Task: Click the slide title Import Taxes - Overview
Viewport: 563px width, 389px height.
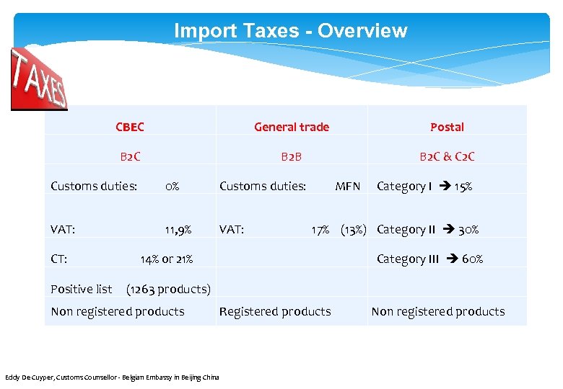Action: tap(290, 31)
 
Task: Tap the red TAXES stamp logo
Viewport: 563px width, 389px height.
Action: tap(38, 79)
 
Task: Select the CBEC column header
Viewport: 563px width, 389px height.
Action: tap(130, 127)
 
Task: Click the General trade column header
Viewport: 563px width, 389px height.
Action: tap(291, 127)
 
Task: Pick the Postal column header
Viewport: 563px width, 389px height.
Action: tap(447, 127)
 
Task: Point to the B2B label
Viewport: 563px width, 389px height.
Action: tap(291, 156)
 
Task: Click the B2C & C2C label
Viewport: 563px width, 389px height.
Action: tap(447, 156)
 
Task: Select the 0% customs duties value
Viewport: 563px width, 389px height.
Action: tap(172, 187)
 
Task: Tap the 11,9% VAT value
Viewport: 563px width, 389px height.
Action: tap(178, 230)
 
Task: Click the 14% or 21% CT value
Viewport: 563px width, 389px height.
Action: tap(166, 259)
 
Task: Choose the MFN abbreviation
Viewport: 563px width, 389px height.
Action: tap(347, 187)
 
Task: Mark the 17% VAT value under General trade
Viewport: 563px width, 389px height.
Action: tap(320, 230)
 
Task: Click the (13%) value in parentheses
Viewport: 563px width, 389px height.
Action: tap(354, 230)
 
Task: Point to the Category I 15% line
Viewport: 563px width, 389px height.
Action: tap(424, 187)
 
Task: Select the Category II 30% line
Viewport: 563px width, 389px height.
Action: tap(427, 230)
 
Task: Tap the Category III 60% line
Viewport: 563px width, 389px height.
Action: tap(429, 259)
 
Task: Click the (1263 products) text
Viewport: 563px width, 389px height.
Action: tap(168, 290)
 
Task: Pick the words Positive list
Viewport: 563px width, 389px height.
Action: tap(81, 290)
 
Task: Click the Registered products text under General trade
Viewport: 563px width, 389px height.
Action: tap(275, 311)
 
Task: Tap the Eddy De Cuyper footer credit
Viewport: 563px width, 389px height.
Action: tap(112, 377)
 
